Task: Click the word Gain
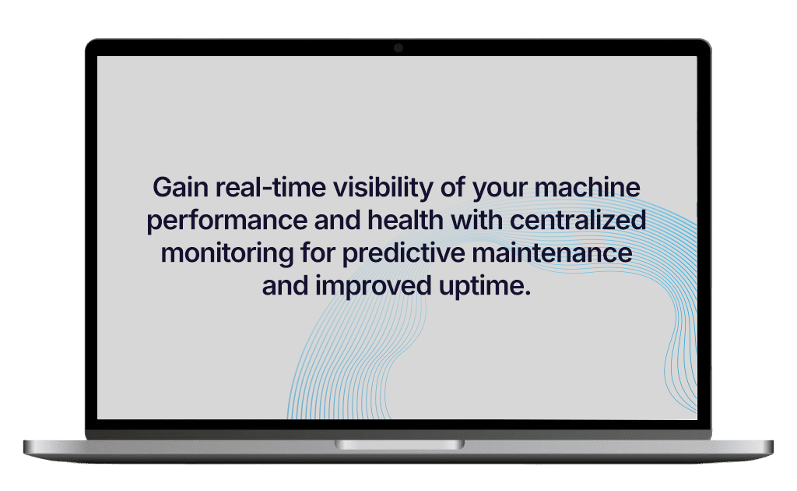tap(181, 187)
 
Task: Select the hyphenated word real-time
tap(270, 187)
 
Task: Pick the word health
tap(405, 220)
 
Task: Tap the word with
tap(477, 220)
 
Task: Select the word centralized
tap(578, 220)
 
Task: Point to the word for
tap(318, 253)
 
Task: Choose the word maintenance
tap(552, 253)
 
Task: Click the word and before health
tap(337, 220)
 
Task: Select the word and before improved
tap(285, 285)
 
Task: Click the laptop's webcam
tap(398, 48)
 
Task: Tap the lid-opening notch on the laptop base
tap(399, 445)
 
